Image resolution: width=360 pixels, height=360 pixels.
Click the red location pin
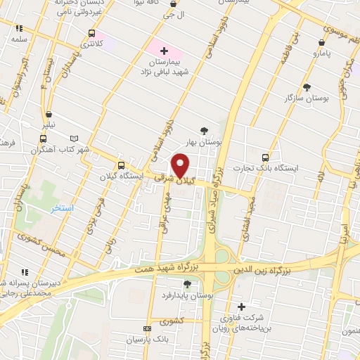click(x=181, y=165)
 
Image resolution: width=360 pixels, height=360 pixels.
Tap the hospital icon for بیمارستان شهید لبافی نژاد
click(x=165, y=51)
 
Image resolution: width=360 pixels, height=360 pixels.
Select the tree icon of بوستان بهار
click(x=204, y=130)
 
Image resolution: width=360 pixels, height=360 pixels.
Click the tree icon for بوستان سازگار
click(x=307, y=87)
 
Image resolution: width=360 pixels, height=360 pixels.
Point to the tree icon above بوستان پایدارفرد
click(x=187, y=284)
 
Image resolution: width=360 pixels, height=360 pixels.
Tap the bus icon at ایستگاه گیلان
click(x=121, y=165)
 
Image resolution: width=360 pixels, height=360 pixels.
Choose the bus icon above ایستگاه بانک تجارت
click(x=265, y=157)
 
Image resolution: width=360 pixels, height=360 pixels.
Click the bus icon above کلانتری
click(x=92, y=33)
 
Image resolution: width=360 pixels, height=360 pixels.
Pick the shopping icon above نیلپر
click(x=48, y=115)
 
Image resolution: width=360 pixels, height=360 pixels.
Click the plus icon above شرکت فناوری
click(x=241, y=307)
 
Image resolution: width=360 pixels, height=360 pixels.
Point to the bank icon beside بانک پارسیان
click(x=146, y=328)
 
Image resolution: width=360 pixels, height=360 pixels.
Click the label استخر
click(x=62, y=210)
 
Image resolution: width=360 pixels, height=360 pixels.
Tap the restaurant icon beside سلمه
click(x=18, y=29)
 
